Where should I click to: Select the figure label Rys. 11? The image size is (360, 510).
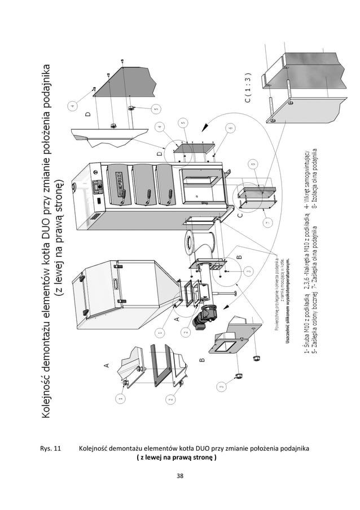point(50,449)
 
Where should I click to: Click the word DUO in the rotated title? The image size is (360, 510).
point(50,200)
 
